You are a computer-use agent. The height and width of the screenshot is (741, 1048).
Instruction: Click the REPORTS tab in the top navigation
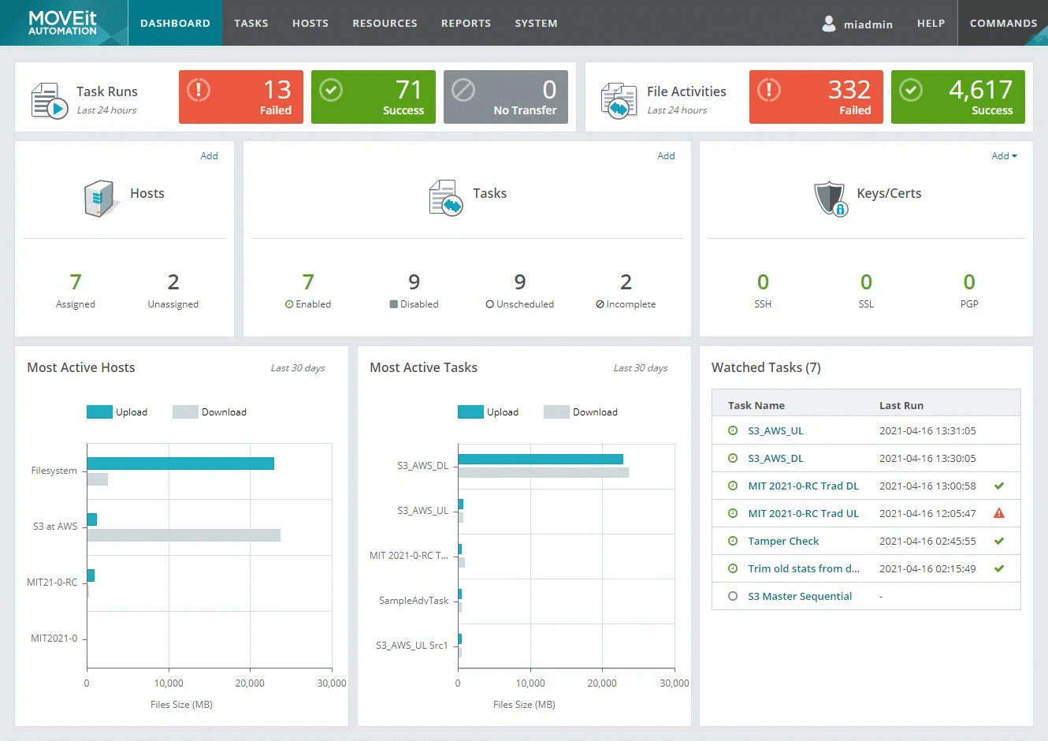click(466, 23)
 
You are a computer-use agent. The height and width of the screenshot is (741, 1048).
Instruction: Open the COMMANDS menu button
click(1002, 23)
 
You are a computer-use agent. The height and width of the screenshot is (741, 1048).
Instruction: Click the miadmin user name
click(868, 24)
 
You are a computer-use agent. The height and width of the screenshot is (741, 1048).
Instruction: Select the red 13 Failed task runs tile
click(240, 97)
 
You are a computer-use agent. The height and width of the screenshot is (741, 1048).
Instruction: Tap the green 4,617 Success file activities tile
click(957, 97)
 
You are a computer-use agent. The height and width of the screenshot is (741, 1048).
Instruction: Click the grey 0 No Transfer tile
click(505, 97)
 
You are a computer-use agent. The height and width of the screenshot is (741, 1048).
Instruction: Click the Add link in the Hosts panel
click(209, 156)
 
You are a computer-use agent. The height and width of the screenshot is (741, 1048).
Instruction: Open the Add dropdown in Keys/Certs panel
click(1003, 156)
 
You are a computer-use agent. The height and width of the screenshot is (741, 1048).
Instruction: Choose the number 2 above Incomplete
click(626, 282)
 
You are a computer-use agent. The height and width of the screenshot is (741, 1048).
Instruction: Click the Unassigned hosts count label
click(173, 304)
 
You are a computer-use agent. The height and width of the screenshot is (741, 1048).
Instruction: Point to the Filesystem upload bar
click(180, 464)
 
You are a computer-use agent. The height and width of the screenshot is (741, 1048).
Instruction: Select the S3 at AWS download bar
click(184, 535)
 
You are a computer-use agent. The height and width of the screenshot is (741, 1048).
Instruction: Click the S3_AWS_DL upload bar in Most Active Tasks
click(540, 459)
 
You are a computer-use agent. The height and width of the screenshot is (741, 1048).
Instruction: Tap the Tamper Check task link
click(783, 541)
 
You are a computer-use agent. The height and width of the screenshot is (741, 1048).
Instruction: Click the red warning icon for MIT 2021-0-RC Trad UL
click(998, 513)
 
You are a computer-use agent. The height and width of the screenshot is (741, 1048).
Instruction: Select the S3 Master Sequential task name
click(800, 596)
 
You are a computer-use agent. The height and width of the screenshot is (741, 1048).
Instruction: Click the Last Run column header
click(901, 405)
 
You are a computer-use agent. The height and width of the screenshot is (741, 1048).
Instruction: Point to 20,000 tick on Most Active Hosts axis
click(250, 683)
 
